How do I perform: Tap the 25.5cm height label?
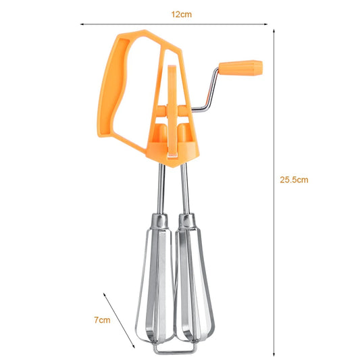tap(294, 180)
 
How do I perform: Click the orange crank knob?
tap(247, 67)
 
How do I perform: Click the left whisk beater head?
tap(157, 284)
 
